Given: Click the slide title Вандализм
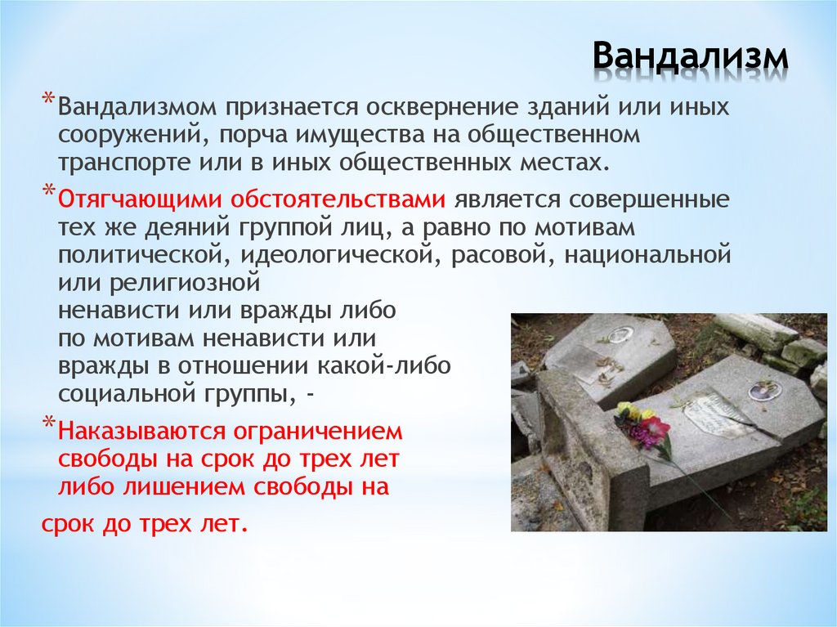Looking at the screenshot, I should [691, 57].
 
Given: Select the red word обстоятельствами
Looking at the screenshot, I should [337, 200].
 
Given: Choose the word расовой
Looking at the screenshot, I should [488, 256].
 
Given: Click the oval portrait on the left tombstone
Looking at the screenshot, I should [620, 334].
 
